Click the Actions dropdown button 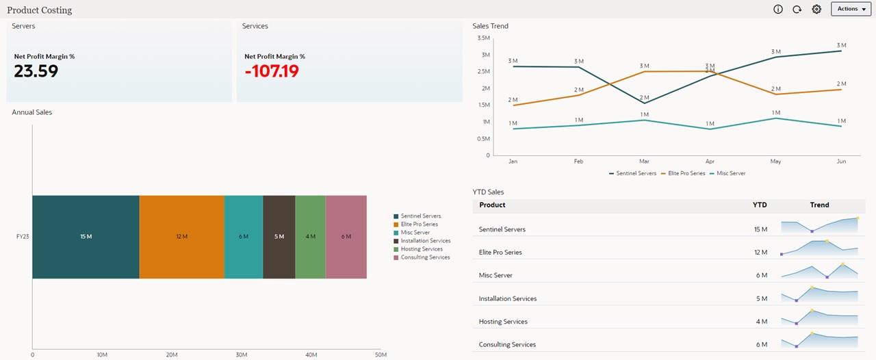(851, 9)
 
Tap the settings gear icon (816, 9)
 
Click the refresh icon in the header (797, 9)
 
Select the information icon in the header (778, 9)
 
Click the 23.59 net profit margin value (36, 71)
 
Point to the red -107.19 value (272, 71)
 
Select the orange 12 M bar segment (181, 237)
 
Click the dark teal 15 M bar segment (86, 237)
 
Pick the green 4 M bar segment (310, 237)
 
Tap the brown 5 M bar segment (279, 237)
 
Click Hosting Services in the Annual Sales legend (422, 249)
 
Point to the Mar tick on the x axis (644, 162)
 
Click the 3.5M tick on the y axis (484, 38)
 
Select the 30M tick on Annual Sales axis (242, 355)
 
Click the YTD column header (760, 205)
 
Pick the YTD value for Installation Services (761, 298)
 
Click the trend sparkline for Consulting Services (819, 339)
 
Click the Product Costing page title (40, 10)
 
